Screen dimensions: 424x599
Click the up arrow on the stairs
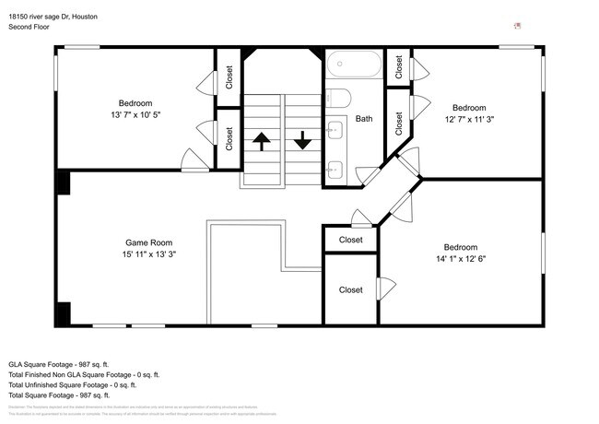pyautogui.click(x=261, y=141)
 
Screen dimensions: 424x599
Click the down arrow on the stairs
pyautogui.click(x=302, y=141)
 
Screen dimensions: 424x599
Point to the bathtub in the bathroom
pyautogui.click(x=353, y=65)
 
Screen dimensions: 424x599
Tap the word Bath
pyautogui.click(x=365, y=119)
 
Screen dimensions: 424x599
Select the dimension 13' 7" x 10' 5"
pyautogui.click(x=135, y=115)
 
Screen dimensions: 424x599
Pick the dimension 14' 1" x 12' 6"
pyautogui.click(x=461, y=258)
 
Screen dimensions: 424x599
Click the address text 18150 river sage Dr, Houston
pyautogui.click(x=53, y=18)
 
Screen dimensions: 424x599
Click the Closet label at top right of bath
pyautogui.click(x=399, y=65)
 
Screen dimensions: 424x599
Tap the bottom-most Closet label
pyautogui.click(x=350, y=289)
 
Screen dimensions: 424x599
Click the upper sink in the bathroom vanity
pyautogui.click(x=336, y=129)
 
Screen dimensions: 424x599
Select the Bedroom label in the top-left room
pyautogui.click(x=135, y=103)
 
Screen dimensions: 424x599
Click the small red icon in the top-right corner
pyautogui.click(x=518, y=27)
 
